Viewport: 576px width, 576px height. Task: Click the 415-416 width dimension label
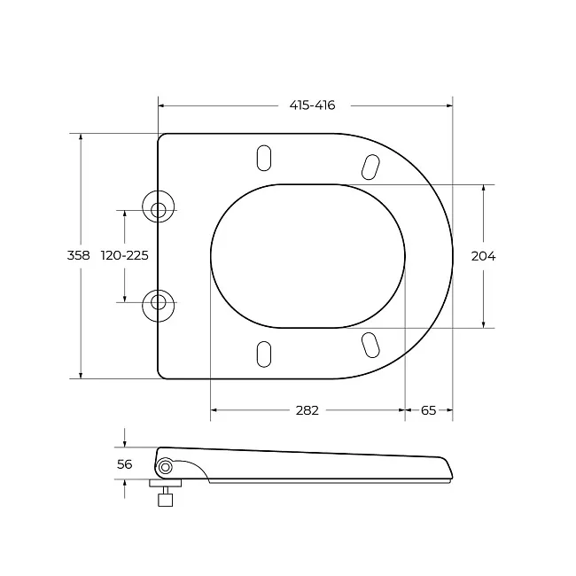[312, 105]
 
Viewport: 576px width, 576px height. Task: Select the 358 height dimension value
[78, 255]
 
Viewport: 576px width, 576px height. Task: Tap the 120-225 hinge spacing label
[125, 255]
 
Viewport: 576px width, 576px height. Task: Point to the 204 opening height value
[483, 256]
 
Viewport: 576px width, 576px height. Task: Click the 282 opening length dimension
[307, 410]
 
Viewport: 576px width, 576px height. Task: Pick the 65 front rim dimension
[428, 410]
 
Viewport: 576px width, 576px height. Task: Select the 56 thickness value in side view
[124, 464]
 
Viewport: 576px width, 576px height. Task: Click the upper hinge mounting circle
[159, 206]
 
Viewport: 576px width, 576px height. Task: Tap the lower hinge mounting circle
[159, 306]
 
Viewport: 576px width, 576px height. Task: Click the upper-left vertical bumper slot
[264, 158]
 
